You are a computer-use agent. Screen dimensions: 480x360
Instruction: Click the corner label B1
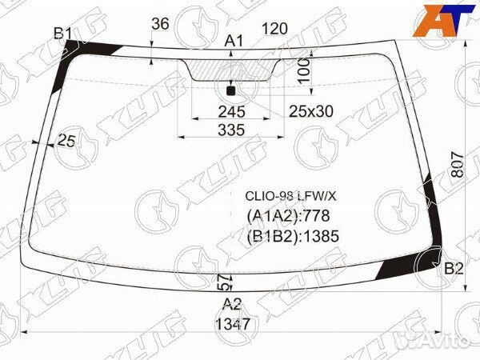coord(62,34)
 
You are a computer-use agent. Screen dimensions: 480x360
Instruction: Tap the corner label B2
coord(454,269)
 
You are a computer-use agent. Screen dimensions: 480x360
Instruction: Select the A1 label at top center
coord(234,41)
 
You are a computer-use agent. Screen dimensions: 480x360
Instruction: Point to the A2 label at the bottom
coord(232,304)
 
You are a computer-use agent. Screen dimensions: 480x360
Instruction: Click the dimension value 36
coord(160,24)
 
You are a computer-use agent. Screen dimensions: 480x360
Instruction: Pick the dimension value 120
coord(274,29)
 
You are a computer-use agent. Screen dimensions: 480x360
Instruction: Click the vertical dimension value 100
coord(304,70)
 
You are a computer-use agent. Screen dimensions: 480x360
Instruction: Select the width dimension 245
coord(231,112)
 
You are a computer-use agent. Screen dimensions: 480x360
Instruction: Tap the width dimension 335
coord(231,130)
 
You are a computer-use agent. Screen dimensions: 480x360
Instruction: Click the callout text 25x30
coord(311,111)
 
